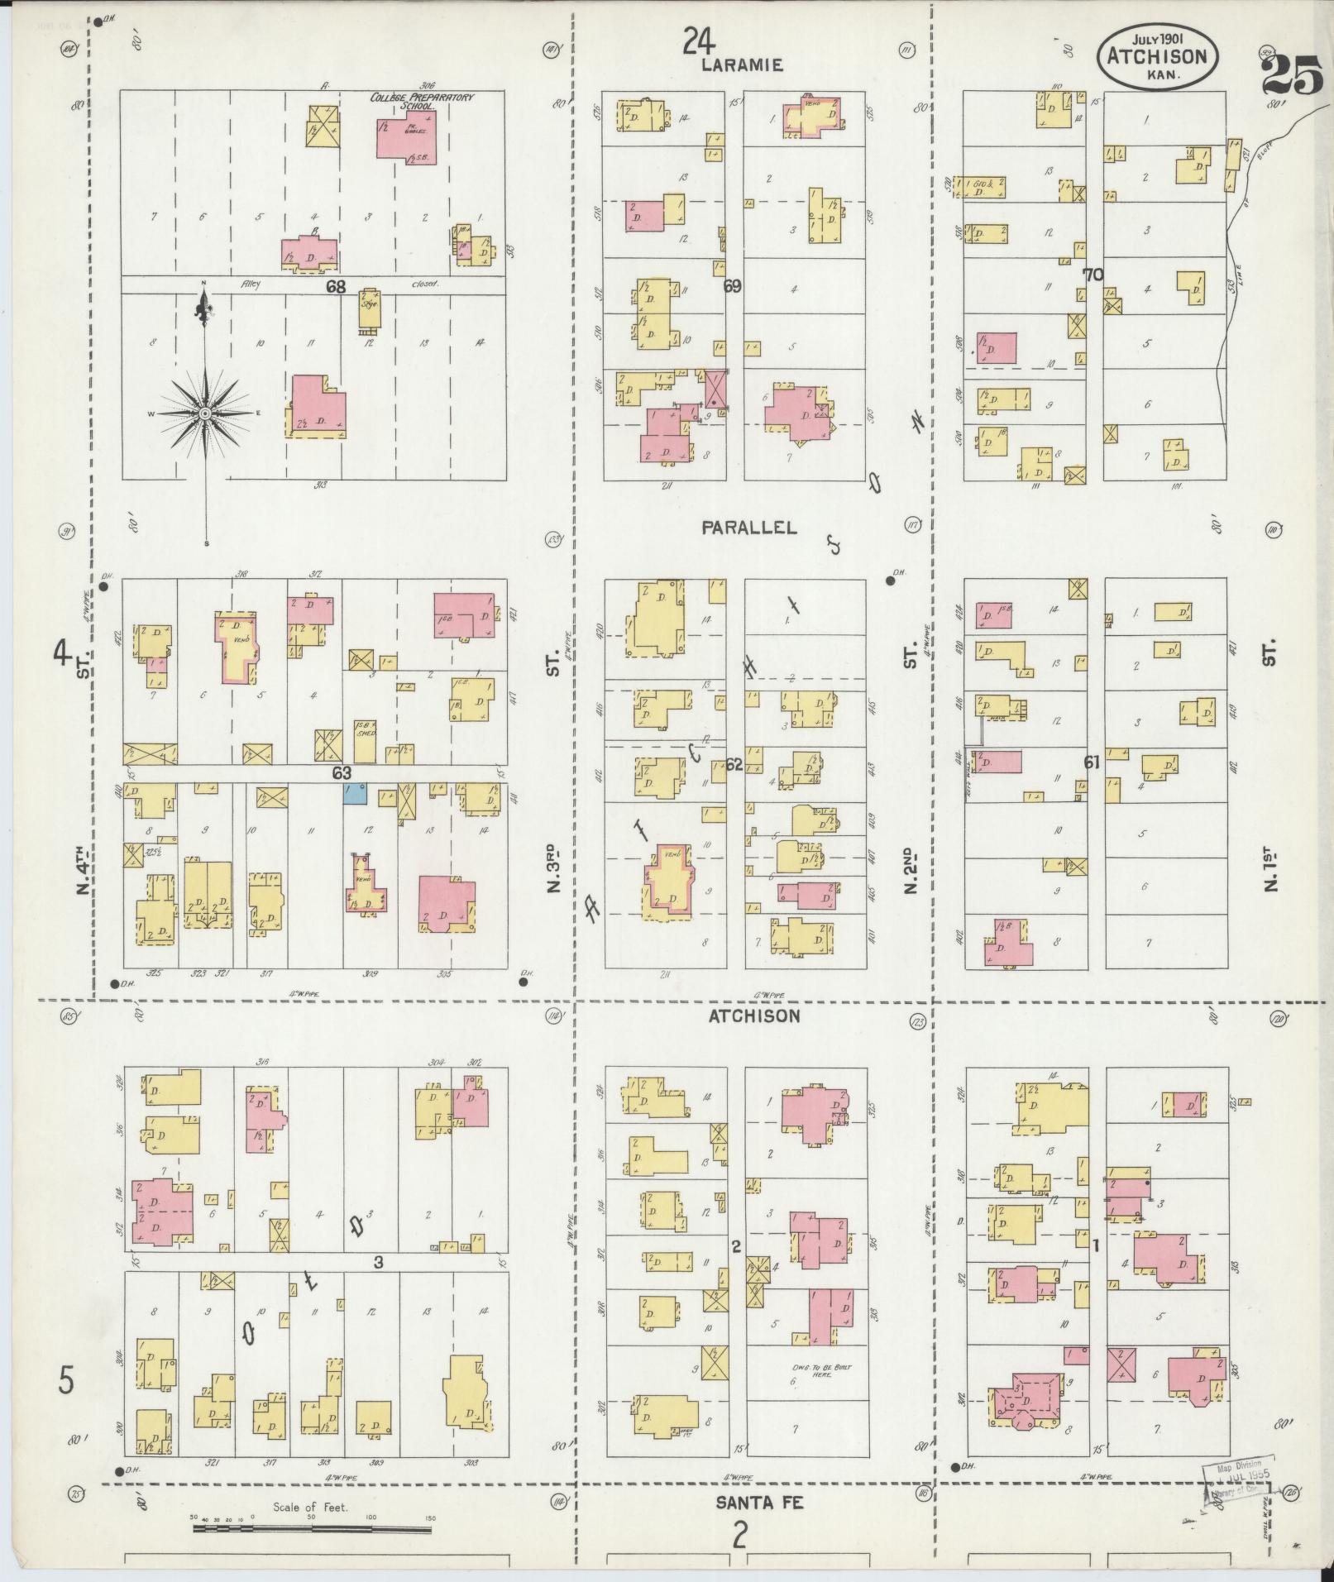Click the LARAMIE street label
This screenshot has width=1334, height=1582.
pyautogui.click(x=742, y=65)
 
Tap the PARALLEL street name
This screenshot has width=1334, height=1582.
pyautogui.click(x=749, y=528)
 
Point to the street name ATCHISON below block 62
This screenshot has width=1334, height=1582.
pyautogui.click(x=754, y=1016)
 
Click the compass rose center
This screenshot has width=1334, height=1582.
pyautogui.click(x=204, y=412)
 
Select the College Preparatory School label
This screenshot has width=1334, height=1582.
pyautogui.click(x=422, y=101)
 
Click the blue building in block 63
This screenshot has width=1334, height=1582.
pyautogui.click(x=354, y=794)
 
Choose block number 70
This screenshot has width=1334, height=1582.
pyautogui.click(x=1093, y=275)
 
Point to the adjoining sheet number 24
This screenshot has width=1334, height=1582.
pyautogui.click(x=700, y=40)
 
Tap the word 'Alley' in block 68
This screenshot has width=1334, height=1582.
pyautogui.click(x=251, y=284)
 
